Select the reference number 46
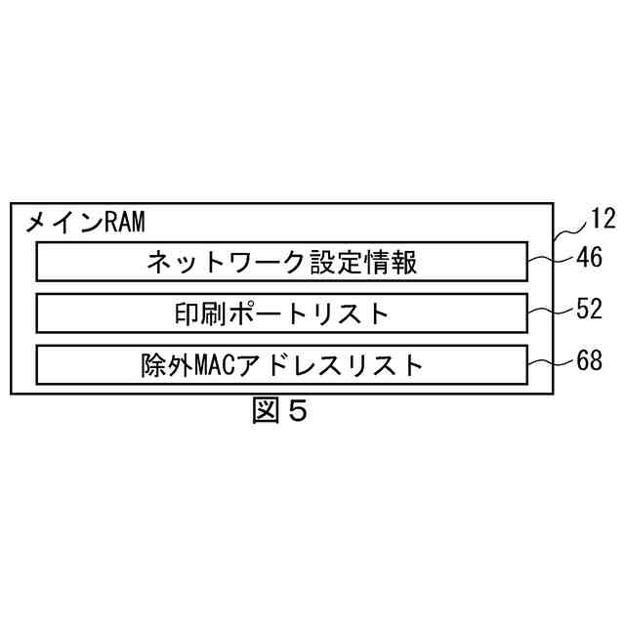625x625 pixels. pos(591,260)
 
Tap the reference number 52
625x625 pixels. pos(591,311)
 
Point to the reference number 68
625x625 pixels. pos(591,361)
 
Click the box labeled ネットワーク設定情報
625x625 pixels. pos(282,262)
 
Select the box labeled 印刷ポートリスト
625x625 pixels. pos(282,313)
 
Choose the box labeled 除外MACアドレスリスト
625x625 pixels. pos(282,364)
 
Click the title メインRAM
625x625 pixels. pos(85,223)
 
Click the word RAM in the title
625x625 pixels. pos(123,223)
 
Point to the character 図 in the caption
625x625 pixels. pos(265,411)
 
